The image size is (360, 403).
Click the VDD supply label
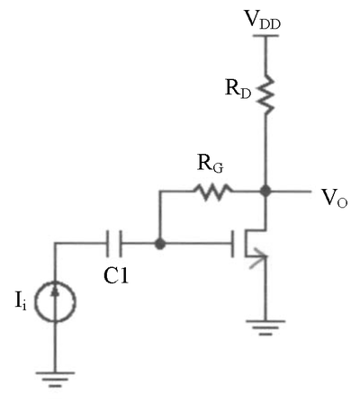click(263, 20)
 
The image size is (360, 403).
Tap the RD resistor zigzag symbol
click(265, 94)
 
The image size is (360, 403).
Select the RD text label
click(238, 89)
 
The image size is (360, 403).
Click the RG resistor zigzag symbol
click(213, 193)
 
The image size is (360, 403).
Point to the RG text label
click(211, 164)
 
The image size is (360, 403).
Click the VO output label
click(335, 199)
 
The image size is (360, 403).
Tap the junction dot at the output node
click(265, 191)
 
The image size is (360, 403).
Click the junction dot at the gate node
click(160, 244)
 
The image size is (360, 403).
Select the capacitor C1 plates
click(114, 244)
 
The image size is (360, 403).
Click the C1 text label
click(116, 276)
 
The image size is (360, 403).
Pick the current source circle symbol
click(55, 301)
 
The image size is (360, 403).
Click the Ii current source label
click(21, 301)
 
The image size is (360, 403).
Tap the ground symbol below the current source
click(55, 380)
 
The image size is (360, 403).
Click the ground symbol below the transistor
click(265, 327)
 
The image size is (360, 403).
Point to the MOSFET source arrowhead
click(258, 261)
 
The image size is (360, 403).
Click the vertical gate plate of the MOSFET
click(233, 244)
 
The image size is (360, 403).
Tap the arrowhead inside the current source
click(55, 291)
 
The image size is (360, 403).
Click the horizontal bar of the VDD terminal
click(265, 36)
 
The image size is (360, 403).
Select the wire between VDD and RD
click(265, 56)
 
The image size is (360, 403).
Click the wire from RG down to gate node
click(160, 217)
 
